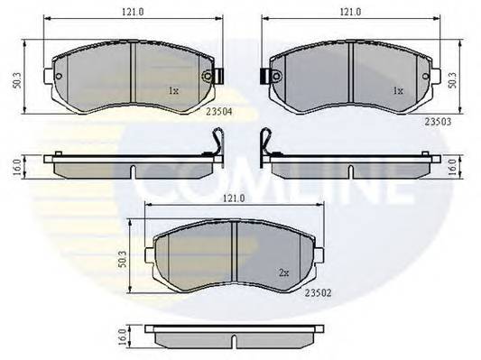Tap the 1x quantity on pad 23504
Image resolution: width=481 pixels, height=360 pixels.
point(173,90)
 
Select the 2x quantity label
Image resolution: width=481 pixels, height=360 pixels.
point(284,271)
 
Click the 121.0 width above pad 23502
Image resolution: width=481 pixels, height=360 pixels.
point(233,198)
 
